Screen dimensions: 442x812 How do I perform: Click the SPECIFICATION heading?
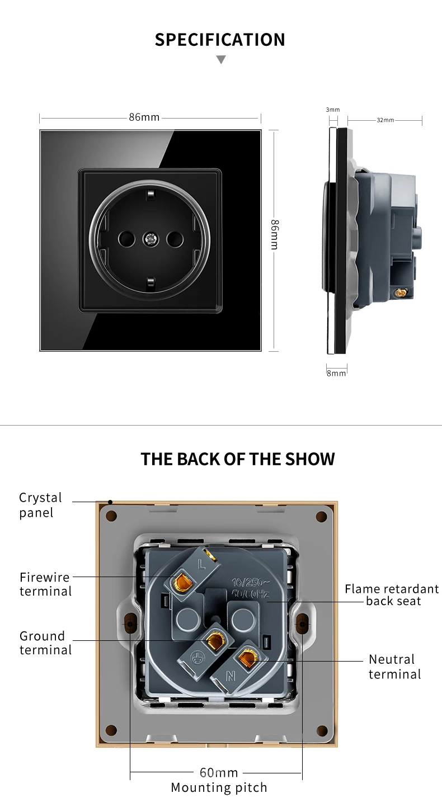220,40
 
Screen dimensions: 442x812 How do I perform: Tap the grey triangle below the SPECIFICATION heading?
221,59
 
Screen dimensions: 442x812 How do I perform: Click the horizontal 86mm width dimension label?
144,117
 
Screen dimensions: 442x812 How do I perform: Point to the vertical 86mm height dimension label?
275,234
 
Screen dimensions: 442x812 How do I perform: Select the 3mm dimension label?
333,110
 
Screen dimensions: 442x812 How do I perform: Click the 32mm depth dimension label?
385,120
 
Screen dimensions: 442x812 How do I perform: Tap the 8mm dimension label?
336,373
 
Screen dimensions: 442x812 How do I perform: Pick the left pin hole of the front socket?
126,239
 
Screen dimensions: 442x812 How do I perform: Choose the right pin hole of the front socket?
175,239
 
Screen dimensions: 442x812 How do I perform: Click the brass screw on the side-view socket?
401,292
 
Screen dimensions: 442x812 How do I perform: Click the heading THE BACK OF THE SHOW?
238,459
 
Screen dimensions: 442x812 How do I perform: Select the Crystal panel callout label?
41,505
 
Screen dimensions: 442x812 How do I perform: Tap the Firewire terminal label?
46,584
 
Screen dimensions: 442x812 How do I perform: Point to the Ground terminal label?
46,643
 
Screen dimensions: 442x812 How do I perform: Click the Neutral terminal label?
395,667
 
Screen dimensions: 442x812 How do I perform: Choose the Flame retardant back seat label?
392,595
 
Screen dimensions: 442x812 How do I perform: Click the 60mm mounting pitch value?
219,772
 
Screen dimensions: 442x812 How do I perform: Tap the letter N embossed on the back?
231,676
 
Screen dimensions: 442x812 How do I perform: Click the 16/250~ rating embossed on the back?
250,583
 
